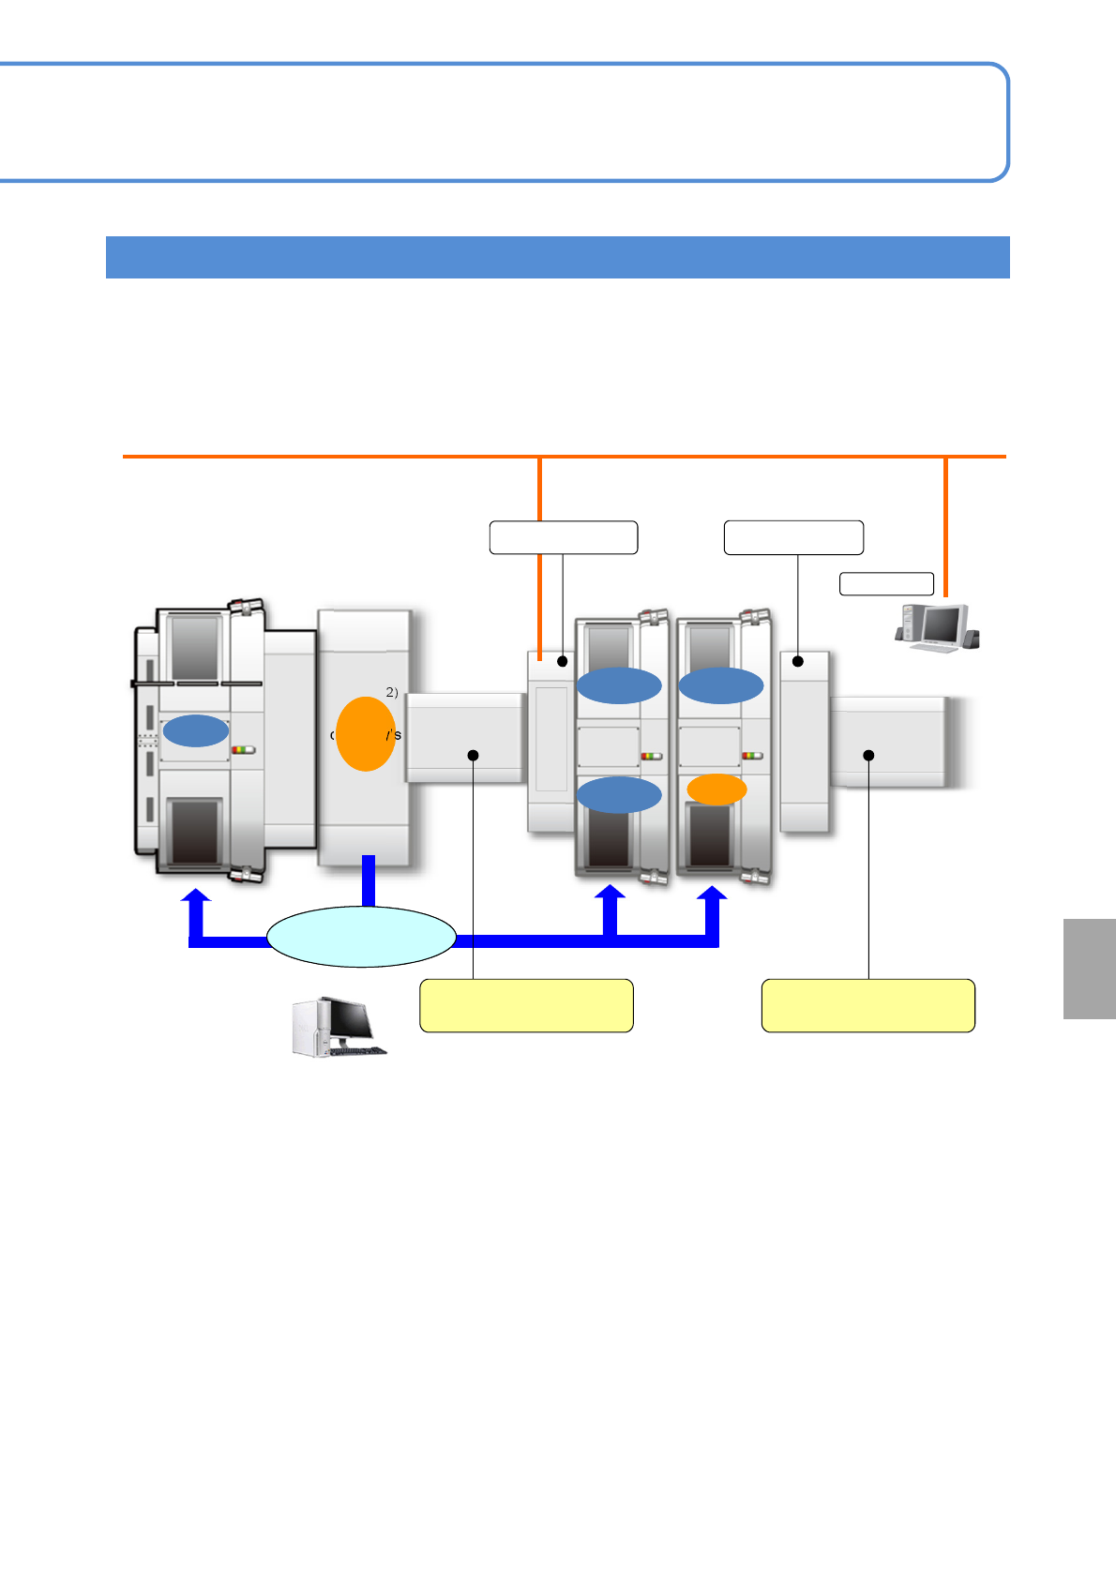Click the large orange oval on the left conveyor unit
click(x=365, y=734)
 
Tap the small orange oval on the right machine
click(x=716, y=789)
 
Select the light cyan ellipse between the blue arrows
click(x=362, y=937)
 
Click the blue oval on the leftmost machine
click(x=195, y=730)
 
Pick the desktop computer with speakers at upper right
click(x=936, y=628)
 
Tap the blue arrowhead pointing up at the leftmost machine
click(x=196, y=898)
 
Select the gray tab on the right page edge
click(x=1090, y=969)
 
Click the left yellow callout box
click(x=526, y=1006)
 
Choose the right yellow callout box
click(x=868, y=1006)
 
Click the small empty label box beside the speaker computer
click(x=886, y=583)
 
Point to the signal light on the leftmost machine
click(x=243, y=750)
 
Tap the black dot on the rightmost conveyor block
click(x=869, y=755)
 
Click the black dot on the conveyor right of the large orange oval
click(x=474, y=755)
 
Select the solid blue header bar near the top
click(x=557, y=257)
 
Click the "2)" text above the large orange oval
click(x=392, y=692)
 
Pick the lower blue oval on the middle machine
click(x=619, y=795)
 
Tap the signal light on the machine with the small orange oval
click(x=752, y=756)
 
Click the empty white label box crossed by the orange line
click(x=563, y=537)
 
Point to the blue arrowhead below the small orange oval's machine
click(x=713, y=898)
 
